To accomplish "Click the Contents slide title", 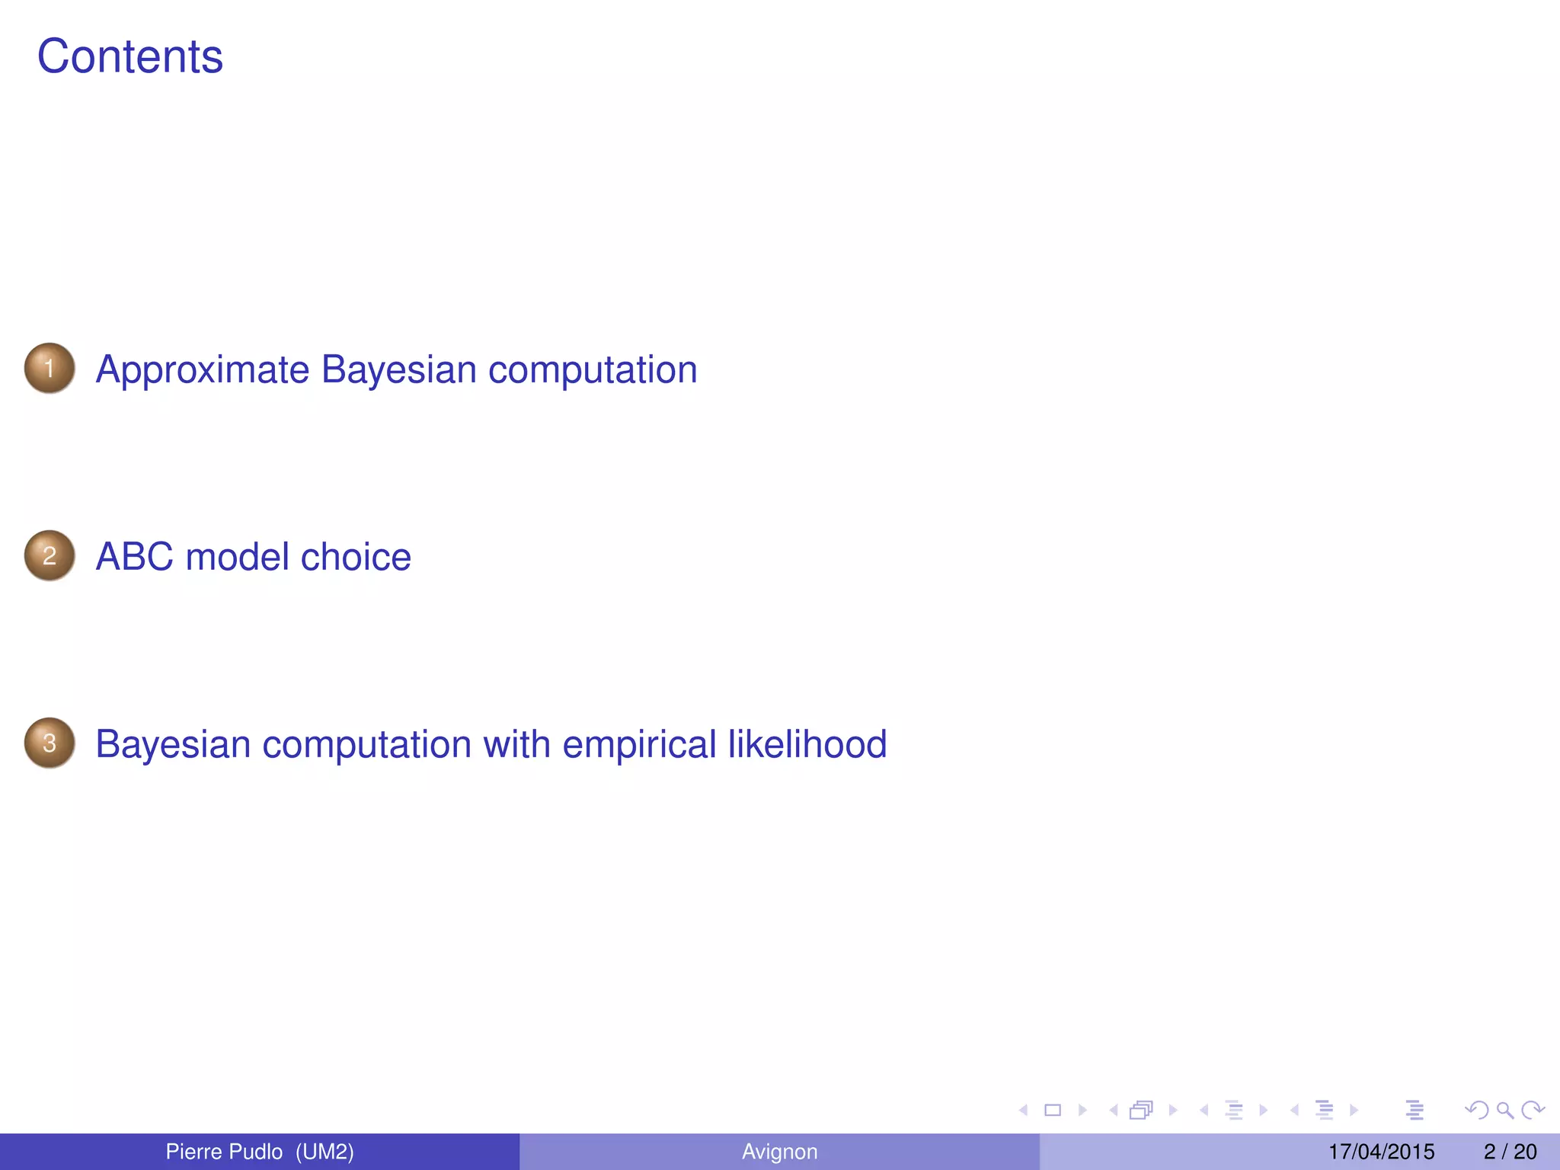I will click(130, 57).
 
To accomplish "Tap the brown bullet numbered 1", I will click(50, 369).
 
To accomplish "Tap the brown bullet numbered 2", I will click(50, 556).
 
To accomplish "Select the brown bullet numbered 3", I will click(50, 743).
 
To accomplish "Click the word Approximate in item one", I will click(203, 370).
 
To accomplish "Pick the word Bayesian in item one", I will click(399, 370).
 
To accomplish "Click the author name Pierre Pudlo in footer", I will click(224, 1152).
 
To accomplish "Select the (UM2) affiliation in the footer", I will click(325, 1152).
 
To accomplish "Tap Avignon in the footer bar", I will click(779, 1152).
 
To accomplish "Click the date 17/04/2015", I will click(1381, 1152).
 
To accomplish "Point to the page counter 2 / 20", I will click(1510, 1152).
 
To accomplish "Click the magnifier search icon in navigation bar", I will click(1504, 1111).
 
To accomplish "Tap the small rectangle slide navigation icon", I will click(1053, 1111).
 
